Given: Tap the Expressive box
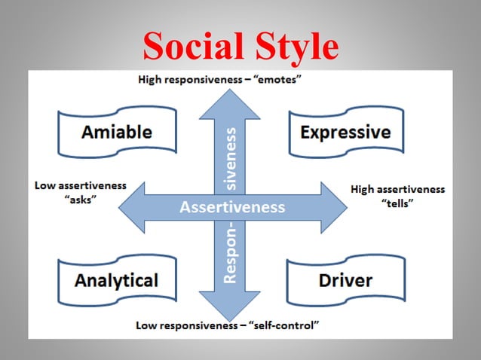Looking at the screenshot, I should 345,133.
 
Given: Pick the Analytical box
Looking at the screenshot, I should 116,281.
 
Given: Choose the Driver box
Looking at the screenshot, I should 345,281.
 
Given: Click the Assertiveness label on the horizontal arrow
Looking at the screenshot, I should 232,206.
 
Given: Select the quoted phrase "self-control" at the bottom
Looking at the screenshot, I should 285,326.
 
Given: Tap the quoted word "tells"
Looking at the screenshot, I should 398,204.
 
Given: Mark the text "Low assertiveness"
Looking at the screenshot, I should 81,186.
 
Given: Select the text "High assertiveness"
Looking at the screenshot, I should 398,189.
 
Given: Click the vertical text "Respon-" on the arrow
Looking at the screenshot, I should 232,253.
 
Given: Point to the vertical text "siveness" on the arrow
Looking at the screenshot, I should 232,160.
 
